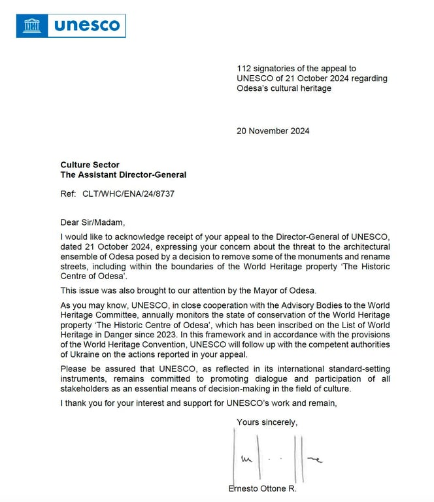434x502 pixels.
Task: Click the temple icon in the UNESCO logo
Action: (x=31, y=25)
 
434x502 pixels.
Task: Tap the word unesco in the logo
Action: (x=86, y=25)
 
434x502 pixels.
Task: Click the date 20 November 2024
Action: (x=273, y=131)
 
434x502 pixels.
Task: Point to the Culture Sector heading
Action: (x=90, y=165)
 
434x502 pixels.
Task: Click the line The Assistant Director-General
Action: (x=123, y=175)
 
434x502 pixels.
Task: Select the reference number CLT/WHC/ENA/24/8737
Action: (x=129, y=194)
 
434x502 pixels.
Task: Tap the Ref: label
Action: (x=69, y=194)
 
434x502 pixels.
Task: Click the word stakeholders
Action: (x=87, y=388)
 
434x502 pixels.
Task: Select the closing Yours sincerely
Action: (x=267, y=422)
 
